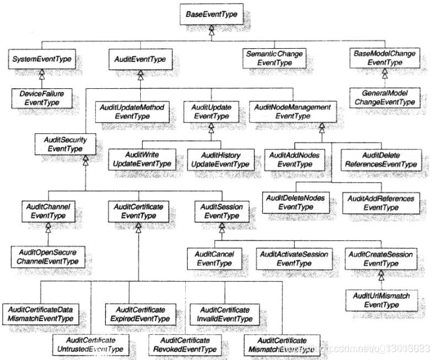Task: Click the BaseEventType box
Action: (211, 13)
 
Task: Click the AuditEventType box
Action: (142, 59)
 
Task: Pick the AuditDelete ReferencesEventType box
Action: (381, 160)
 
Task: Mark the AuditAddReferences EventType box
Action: (380, 202)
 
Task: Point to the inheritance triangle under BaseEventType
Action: (211, 28)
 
